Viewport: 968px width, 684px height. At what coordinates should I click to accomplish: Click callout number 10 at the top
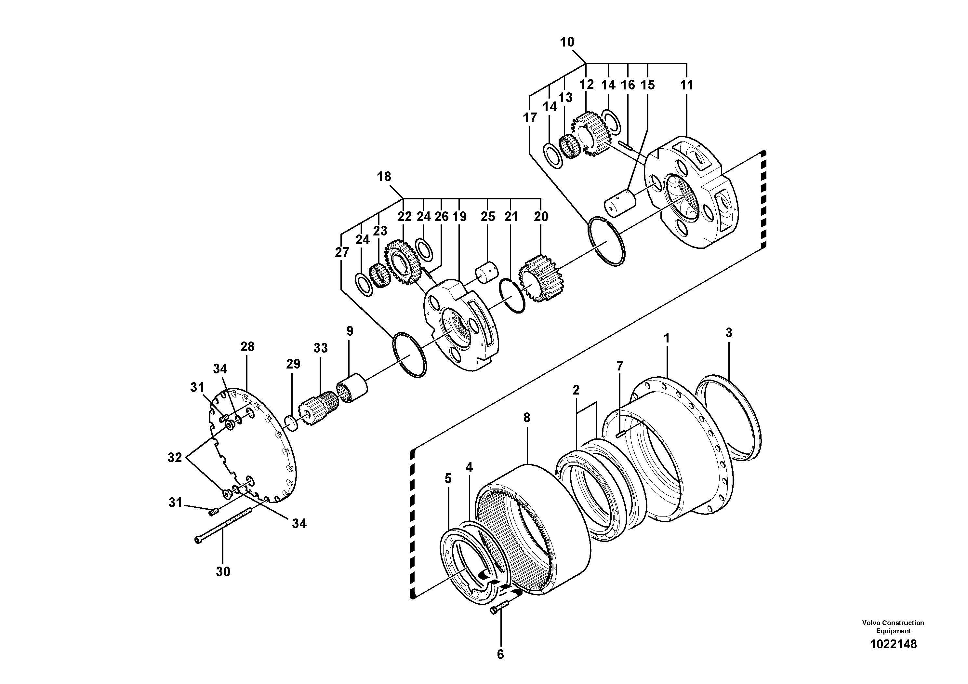[x=567, y=42]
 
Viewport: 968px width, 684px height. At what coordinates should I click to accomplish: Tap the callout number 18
[x=384, y=177]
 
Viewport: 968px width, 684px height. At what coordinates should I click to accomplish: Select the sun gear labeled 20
[x=540, y=279]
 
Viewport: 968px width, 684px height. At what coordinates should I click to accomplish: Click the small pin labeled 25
[x=487, y=274]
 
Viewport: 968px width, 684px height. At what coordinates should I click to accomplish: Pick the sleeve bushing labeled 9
[x=352, y=388]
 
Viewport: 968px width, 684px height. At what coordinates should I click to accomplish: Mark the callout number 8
[x=526, y=418]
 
